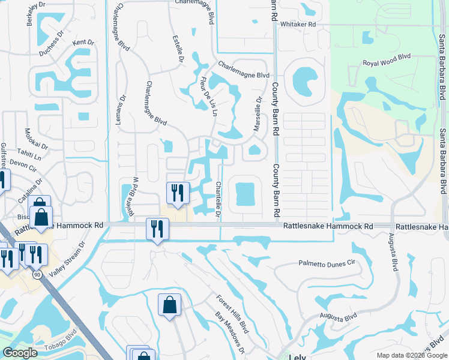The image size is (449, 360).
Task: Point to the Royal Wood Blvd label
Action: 385,63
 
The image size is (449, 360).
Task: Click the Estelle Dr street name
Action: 177,50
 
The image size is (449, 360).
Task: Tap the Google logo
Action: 20,353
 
